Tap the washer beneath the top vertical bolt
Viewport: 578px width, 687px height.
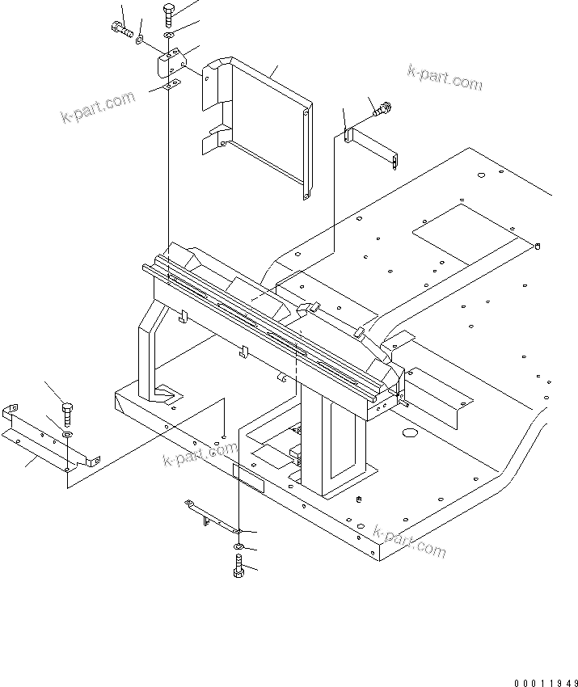[167, 37]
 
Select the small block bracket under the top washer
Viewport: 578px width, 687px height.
[171, 62]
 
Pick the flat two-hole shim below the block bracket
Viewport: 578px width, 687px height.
[167, 85]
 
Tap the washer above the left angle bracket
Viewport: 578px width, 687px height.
[66, 435]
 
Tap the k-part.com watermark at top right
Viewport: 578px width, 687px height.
[444, 79]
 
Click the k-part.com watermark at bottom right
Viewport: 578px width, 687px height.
[409, 542]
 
